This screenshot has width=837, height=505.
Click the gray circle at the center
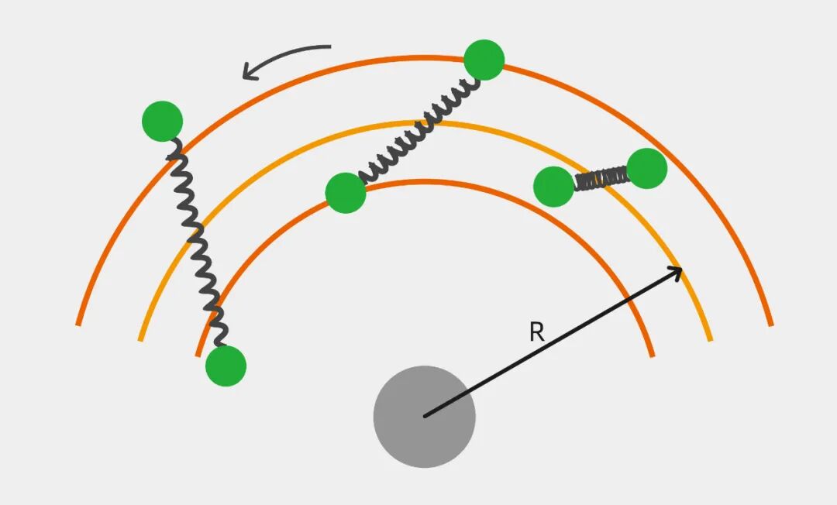tap(424, 417)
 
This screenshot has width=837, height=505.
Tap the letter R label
tap(536, 333)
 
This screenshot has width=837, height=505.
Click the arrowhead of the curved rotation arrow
tap(248, 74)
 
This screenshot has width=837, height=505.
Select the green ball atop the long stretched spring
tap(162, 121)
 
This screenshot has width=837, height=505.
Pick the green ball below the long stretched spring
tap(226, 366)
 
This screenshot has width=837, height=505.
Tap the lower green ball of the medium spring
tap(346, 193)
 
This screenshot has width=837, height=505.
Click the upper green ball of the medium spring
tap(484, 60)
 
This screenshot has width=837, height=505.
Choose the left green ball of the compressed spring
tap(554, 187)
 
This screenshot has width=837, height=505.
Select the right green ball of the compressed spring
tap(647, 168)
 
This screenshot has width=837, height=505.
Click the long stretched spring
tap(195, 240)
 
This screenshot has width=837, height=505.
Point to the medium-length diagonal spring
tap(418, 128)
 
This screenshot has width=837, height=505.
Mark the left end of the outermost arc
tap(78, 324)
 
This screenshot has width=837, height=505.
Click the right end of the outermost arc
tap(771, 325)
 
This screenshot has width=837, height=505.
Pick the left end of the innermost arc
tap(198, 356)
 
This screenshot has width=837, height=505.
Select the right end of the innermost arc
tap(652, 356)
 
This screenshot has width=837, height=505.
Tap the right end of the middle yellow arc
tap(710, 339)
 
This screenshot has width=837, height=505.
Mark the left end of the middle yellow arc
tap(140, 339)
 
